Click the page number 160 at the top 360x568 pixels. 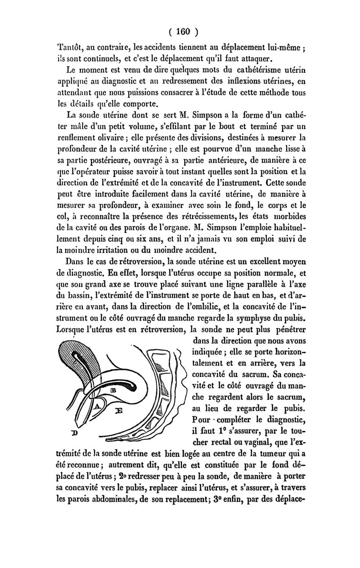(183, 32)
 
